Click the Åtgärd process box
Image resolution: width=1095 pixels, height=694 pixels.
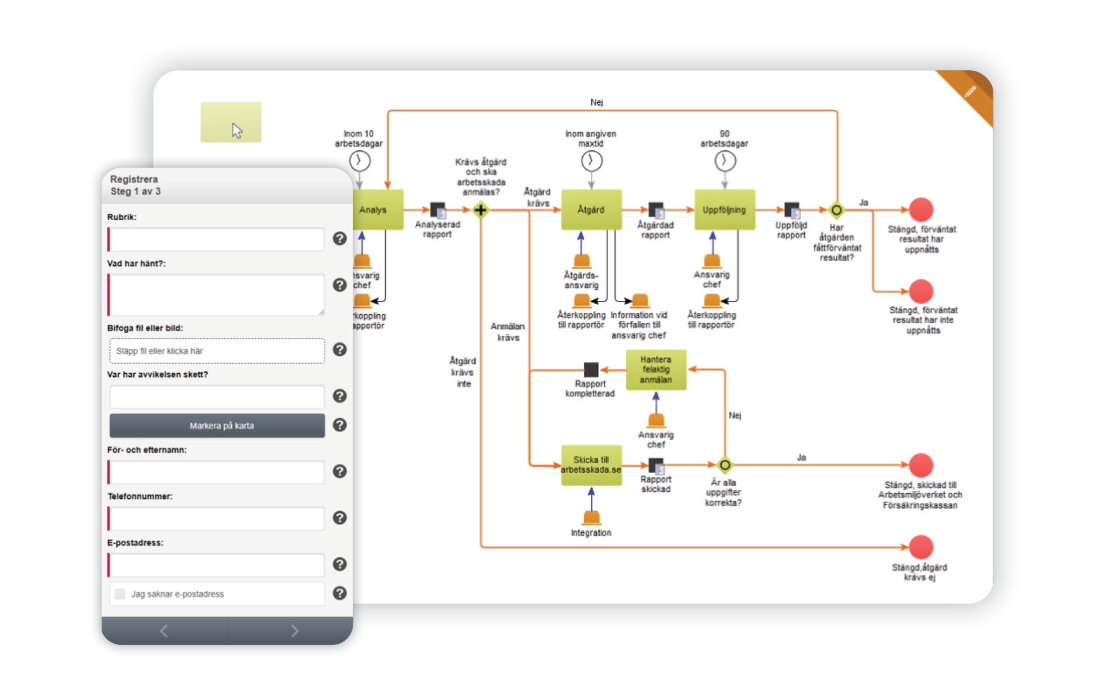coord(590,209)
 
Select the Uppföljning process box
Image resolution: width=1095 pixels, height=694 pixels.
coord(724,209)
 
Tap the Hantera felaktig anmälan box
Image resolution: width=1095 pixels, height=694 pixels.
coord(655,369)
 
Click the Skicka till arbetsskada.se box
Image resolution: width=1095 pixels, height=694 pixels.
coord(590,465)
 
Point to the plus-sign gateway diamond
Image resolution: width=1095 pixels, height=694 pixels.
coord(480,210)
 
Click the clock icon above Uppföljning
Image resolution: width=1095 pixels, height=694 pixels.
coord(725,161)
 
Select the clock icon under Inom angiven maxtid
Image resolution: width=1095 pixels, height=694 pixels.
coord(591,161)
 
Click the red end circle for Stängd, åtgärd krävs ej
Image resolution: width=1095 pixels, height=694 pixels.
coord(920,547)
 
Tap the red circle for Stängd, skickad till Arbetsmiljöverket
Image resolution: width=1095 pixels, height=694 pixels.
coord(920,465)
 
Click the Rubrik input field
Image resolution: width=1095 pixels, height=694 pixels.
coord(216,240)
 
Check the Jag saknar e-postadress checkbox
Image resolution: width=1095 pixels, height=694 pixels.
coord(120,594)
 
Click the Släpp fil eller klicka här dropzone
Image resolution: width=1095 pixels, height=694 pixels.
coord(217,351)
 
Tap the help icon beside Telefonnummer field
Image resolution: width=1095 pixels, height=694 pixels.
coord(339,518)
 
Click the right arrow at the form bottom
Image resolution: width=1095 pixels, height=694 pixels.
coord(294,631)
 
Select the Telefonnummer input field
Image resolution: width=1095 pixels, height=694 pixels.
coord(216,519)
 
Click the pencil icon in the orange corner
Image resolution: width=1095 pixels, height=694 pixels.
coord(970,91)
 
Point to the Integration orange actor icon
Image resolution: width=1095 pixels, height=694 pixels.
coord(591,517)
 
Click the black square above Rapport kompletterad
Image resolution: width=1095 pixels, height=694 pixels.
coord(591,369)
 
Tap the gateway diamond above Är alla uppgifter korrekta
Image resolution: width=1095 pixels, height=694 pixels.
coord(724,465)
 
